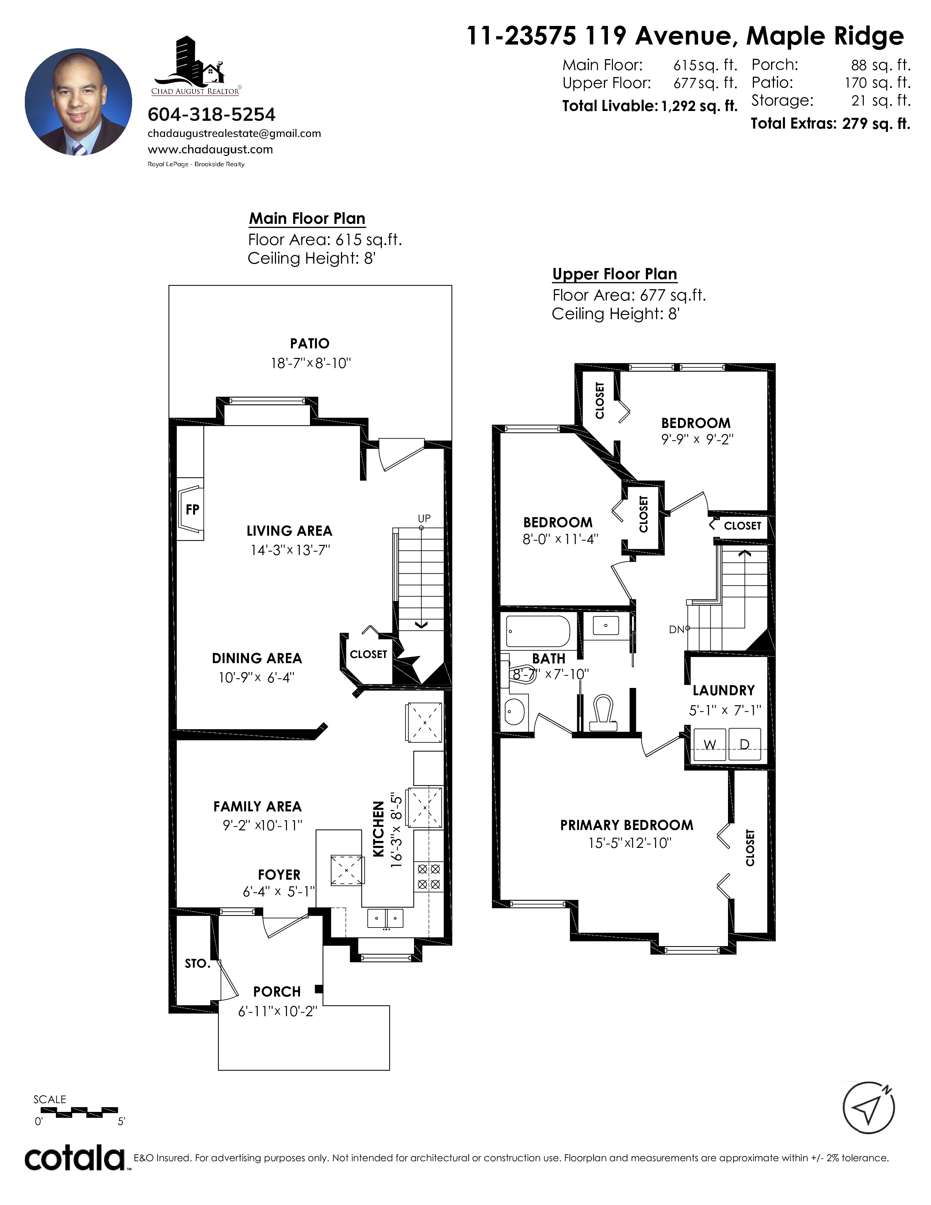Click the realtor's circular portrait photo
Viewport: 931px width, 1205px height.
78,102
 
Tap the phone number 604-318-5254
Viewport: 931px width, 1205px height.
211,115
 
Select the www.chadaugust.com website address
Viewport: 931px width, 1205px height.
210,149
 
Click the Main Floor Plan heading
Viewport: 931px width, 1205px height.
307,218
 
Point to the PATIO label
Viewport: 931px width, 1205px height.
310,344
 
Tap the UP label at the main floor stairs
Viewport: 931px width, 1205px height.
424,519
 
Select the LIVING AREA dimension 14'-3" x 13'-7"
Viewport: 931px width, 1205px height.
290,550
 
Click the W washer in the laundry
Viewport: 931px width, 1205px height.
710,745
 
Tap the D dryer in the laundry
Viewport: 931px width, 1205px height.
744,745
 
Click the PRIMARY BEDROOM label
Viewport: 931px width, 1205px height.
627,825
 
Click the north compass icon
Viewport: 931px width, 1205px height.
869,1108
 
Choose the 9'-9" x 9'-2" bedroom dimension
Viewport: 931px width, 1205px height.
697,440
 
